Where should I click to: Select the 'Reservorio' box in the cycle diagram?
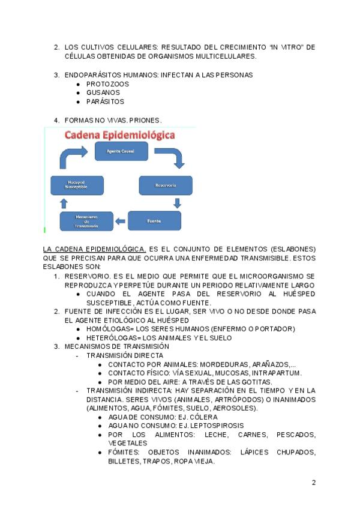coord(166,185)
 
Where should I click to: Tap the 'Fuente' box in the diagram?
coord(154,221)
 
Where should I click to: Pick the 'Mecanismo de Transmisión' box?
coord(86,221)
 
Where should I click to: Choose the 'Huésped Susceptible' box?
coord(76,185)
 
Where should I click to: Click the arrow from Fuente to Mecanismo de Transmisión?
coord(121,221)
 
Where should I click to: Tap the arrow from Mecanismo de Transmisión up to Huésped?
coord(64,203)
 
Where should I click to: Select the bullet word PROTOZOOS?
coord(107,84)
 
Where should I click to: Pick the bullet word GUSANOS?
coord(103,92)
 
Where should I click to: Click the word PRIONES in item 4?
coord(144,120)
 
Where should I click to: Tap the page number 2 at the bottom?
coord(313,483)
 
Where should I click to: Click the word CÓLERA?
coord(203,417)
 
